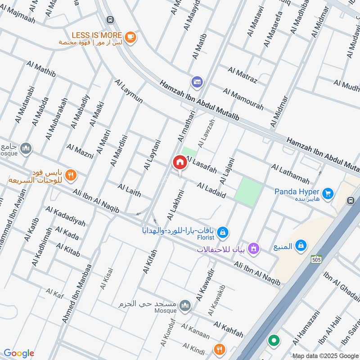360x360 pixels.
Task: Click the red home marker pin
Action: tap(180, 162)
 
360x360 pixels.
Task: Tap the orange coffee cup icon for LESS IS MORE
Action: tap(130, 38)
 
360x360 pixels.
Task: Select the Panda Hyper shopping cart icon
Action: tap(328, 193)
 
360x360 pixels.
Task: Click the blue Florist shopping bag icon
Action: tap(222, 232)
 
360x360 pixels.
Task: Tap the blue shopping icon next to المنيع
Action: tap(301, 246)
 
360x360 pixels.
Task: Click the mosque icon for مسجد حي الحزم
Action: tap(184, 306)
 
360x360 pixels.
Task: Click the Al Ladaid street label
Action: tap(211, 190)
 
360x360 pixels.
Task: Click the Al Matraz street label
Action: tap(243, 75)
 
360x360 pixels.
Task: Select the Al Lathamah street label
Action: tap(290, 174)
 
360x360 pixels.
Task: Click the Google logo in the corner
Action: tap(19, 353)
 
